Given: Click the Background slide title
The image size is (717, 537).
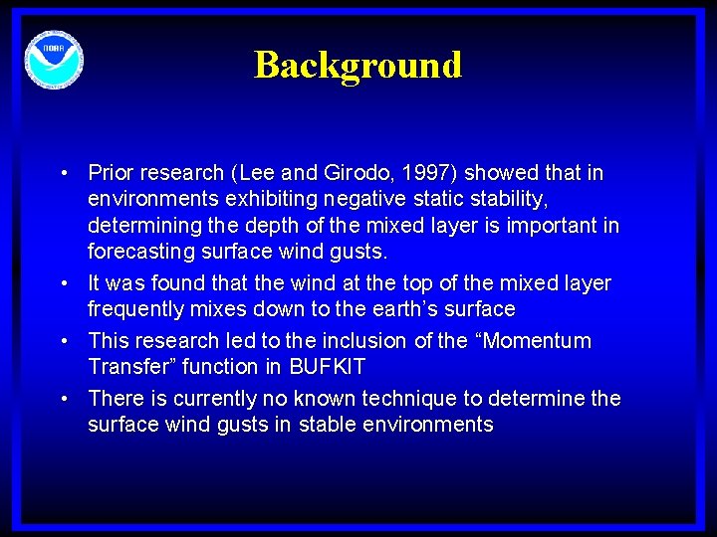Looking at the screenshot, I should (x=358, y=66).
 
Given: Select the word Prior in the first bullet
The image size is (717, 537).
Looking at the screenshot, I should (x=112, y=173).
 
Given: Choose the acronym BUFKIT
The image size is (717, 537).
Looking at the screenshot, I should (x=327, y=367).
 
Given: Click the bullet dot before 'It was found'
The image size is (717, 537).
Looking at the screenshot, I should (x=64, y=283).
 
